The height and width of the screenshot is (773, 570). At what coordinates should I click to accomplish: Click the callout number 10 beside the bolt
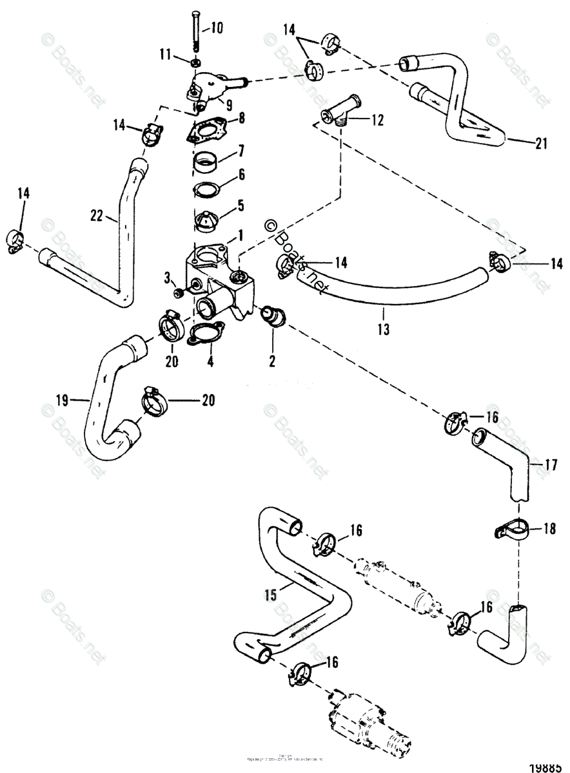point(216,28)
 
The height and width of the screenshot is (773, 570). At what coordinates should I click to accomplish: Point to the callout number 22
point(97,218)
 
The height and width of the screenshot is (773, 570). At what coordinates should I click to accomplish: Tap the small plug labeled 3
point(180,294)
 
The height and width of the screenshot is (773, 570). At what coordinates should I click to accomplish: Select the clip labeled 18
point(506,530)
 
